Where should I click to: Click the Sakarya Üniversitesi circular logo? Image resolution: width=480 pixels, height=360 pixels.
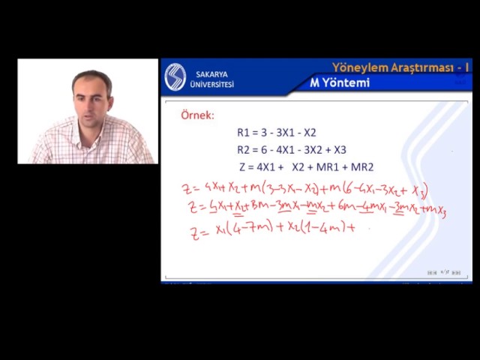tap(175, 76)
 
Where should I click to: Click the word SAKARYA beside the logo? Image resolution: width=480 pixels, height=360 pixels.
tap(211, 74)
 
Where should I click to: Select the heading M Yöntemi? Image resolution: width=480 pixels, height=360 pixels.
tap(340, 82)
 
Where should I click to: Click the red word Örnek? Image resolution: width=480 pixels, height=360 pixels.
tap(197, 115)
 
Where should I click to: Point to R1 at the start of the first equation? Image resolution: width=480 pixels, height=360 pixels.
tap(244, 133)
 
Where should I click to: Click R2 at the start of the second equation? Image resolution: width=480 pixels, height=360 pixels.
tap(244, 150)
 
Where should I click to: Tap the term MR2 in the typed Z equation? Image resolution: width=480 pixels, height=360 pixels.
tap(360, 167)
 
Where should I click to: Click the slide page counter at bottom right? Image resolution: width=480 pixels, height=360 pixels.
tap(445, 272)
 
